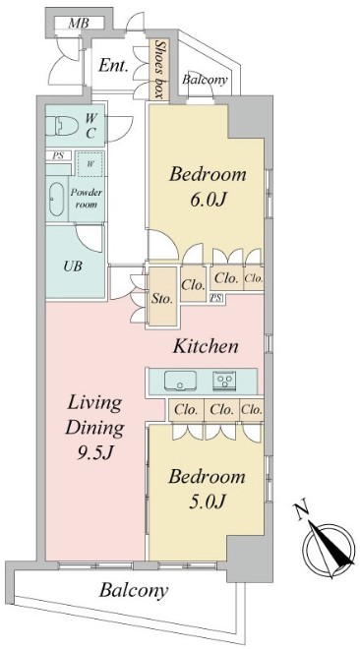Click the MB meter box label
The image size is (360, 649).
click(79, 24)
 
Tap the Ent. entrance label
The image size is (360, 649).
click(112, 66)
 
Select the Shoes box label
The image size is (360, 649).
click(158, 70)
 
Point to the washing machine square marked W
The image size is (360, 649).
click(90, 164)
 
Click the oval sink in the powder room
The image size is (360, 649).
click(57, 200)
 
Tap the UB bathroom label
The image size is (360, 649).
click(73, 266)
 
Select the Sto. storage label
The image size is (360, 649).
click(161, 299)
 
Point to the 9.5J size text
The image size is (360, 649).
click(95, 453)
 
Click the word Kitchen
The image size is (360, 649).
click(206, 346)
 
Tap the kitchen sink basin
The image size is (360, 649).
click(180, 380)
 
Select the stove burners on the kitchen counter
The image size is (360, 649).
click(225, 380)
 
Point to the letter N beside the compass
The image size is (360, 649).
click(302, 510)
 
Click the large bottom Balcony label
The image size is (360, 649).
click(133, 591)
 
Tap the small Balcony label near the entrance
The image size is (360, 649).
click(205, 80)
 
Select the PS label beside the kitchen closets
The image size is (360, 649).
click(215, 298)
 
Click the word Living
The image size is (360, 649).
click(95, 403)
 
